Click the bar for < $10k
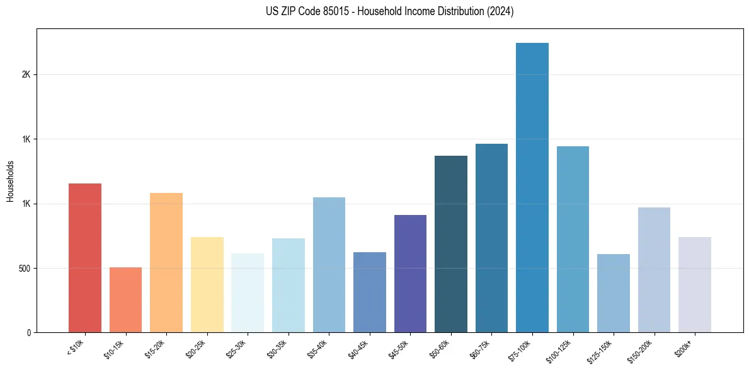[x=85, y=258]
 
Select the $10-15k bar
[x=125, y=300]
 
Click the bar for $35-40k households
[x=329, y=265]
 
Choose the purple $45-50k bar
[x=410, y=274]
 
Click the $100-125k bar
[x=573, y=240]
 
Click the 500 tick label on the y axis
[x=25, y=269]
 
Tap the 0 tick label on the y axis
[x=29, y=333]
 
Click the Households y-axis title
[x=10, y=181]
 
